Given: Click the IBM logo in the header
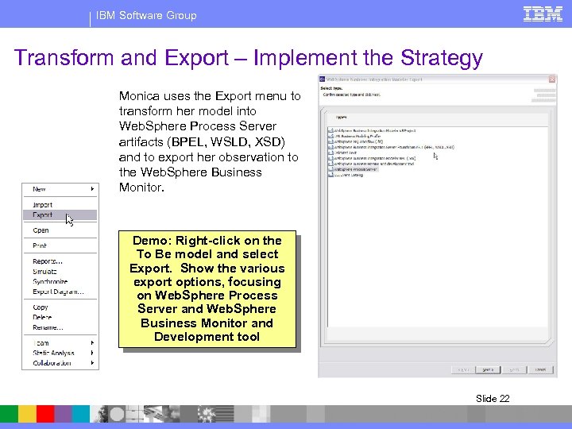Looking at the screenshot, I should pos(543,14).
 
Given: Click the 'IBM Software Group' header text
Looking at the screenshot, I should pos(146,15).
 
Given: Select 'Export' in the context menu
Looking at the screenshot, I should pos(43,215).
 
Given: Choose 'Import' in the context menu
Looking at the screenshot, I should pos(43,205).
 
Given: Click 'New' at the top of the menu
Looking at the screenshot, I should pos(40,189).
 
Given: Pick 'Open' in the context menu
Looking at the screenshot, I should pos(41,230).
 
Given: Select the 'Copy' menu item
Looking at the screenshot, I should pos(41,307).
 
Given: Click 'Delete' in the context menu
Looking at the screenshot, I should pos(43,317).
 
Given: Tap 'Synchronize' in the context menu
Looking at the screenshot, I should pos(50,282).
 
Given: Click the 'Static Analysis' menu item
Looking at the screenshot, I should pos(53,353).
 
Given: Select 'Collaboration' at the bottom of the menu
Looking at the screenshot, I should pos(52,363).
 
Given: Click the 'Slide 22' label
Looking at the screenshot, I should pos(493,399).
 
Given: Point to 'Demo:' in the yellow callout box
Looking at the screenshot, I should pos(151,241).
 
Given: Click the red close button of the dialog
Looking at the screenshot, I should pos(551,79).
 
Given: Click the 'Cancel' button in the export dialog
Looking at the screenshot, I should pos(541,369).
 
